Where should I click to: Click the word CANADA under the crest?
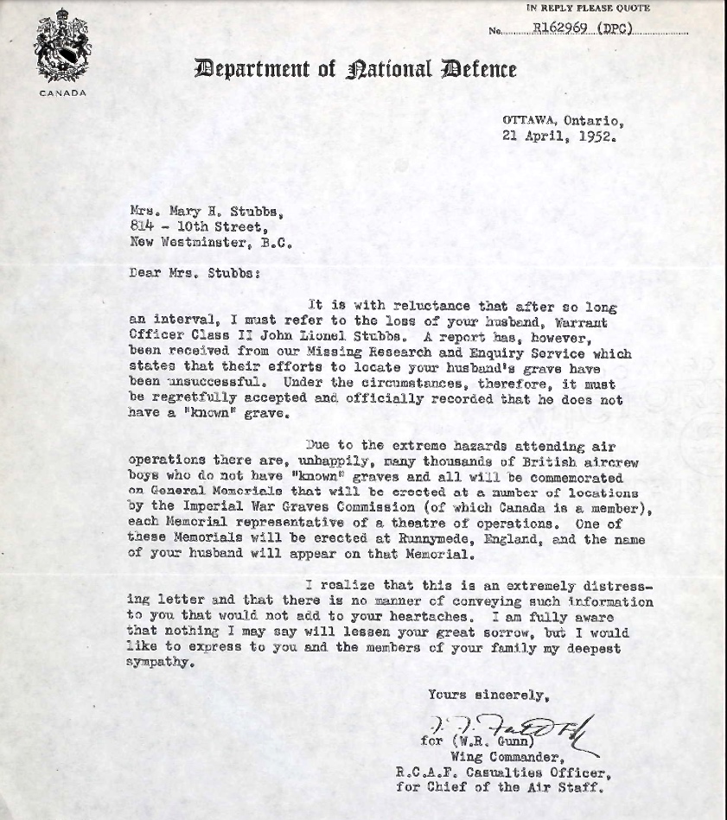pyautogui.click(x=62, y=93)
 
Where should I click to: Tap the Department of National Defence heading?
pyautogui.click(x=355, y=69)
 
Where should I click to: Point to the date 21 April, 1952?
pyautogui.click(x=559, y=136)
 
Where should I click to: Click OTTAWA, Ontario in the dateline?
pyautogui.click(x=562, y=121)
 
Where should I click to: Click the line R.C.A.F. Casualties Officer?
pyautogui.click(x=504, y=772)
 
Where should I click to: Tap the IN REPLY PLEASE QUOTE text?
pyautogui.click(x=589, y=8)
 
